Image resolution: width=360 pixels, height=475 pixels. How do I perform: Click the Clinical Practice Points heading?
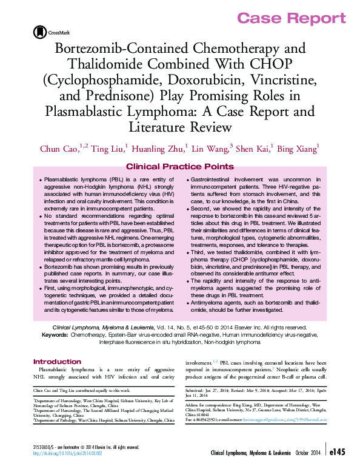coord(179,166)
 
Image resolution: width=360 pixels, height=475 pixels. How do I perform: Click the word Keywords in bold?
coord(59,334)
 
